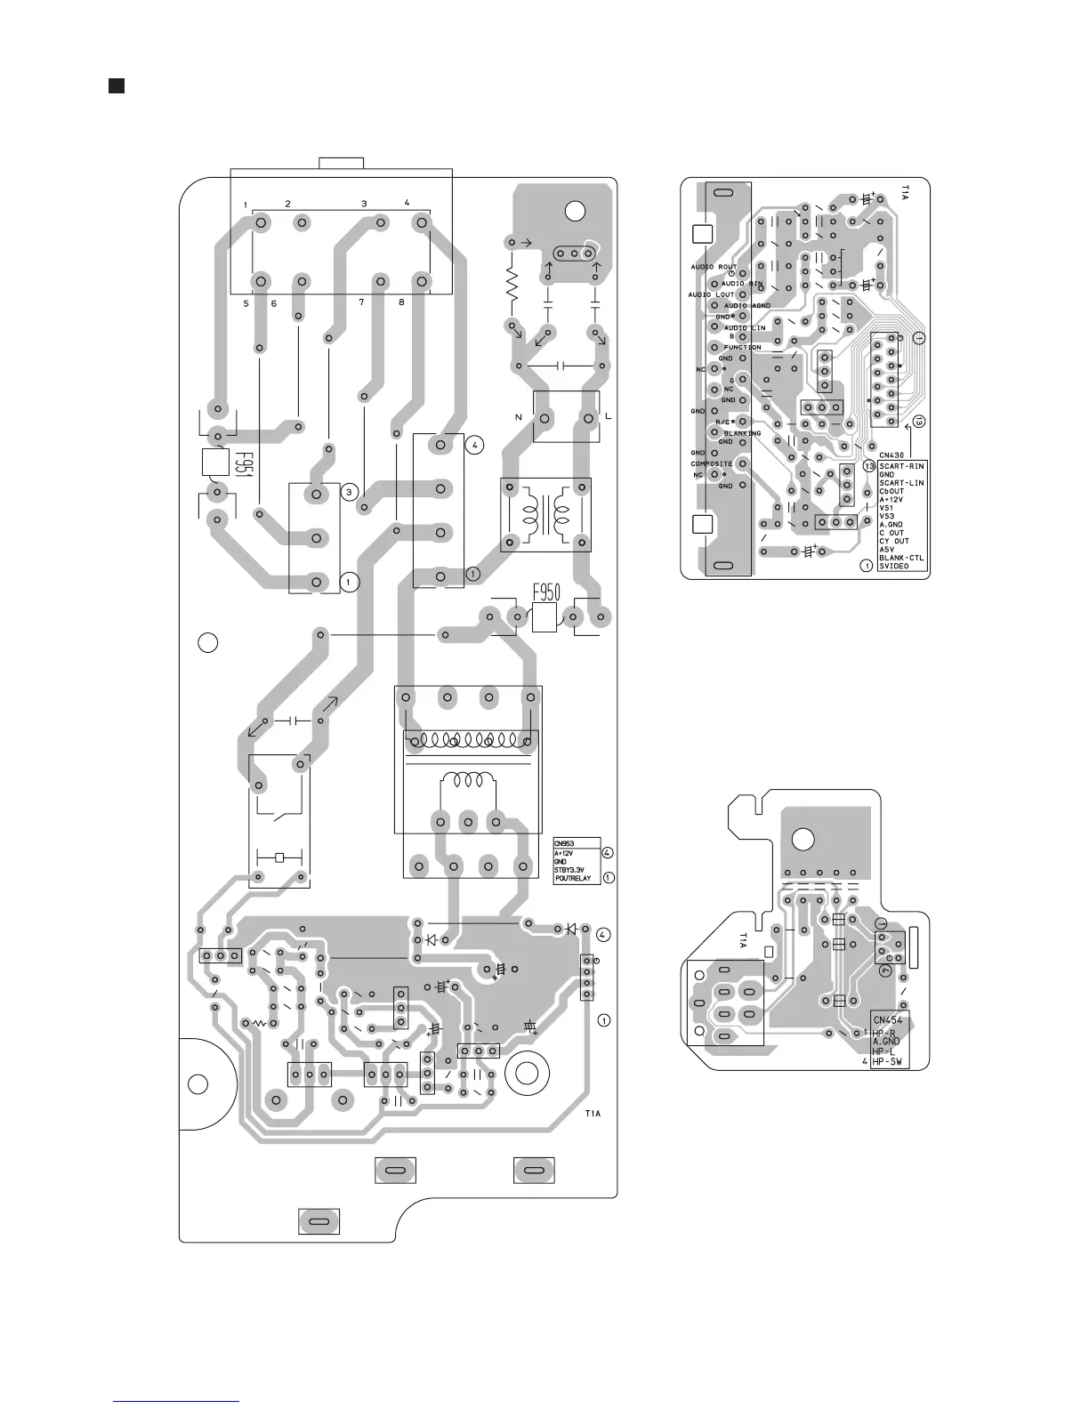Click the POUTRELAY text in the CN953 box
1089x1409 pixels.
pos(572,879)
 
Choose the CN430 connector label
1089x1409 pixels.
pos(891,455)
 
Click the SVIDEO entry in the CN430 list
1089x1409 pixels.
pos(894,566)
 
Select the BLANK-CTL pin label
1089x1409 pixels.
pos(901,558)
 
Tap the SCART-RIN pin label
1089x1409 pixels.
pos(901,466)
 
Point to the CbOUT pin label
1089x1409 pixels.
pos(891,491)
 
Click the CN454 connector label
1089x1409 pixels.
pos(889,1020)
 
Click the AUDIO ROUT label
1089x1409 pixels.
pos(714,267)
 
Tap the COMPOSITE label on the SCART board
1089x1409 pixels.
pos(712,463)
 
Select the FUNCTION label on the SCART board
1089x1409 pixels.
pos(742,347)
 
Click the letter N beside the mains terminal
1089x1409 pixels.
pos(518,416)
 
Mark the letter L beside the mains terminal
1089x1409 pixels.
pos(609,416)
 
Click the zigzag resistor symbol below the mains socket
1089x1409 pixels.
pos(512,284)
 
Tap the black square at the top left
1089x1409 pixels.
pos(116,85)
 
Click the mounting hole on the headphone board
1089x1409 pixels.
pos(802,839)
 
